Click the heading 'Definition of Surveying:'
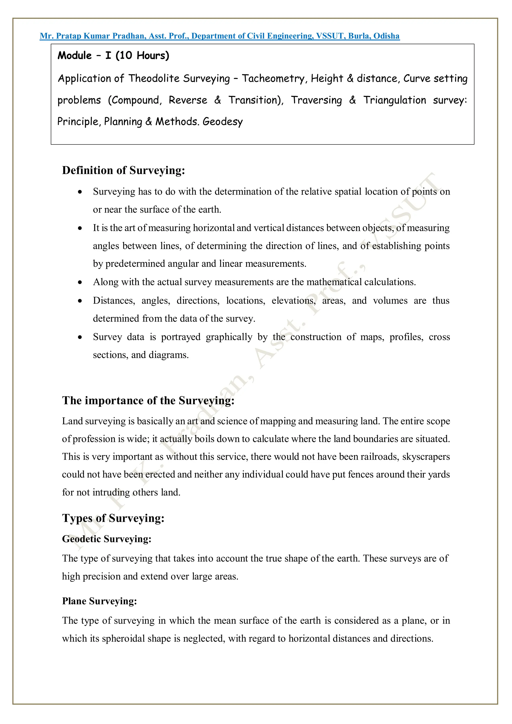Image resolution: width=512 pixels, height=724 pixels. [123, 170]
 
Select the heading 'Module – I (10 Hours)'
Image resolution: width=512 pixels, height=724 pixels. [113, 55]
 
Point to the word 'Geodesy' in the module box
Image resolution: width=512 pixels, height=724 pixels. [223, 121]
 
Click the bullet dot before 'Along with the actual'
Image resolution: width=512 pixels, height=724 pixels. [80, 282]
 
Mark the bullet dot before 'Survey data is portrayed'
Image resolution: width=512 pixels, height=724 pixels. [80, 337]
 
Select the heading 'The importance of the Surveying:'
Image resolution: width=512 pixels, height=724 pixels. [148, 400]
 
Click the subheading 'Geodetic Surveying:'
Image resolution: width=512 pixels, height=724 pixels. [107, 539]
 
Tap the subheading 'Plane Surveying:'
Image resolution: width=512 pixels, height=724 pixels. [99, 601]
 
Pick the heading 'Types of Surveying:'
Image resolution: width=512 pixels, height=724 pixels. [113, 518]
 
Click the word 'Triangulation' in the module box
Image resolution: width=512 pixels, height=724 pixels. [394, 100]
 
